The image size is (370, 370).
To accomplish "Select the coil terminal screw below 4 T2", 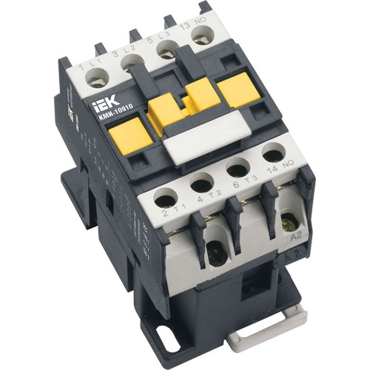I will point(215,254).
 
